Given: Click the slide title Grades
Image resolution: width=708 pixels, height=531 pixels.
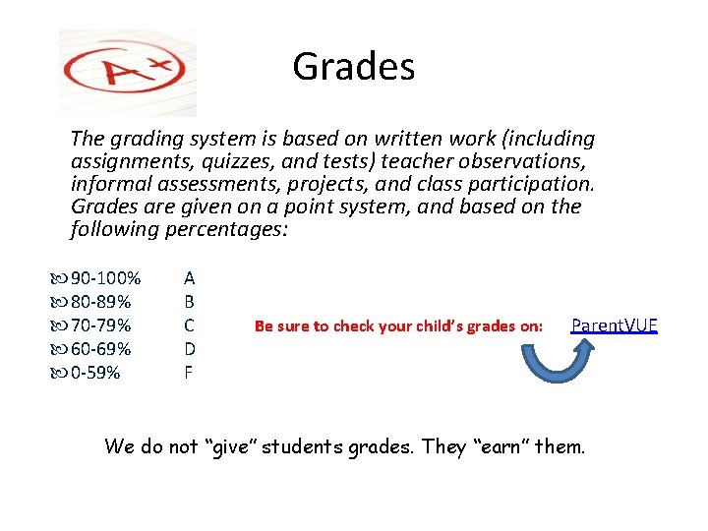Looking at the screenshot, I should coord(353,68).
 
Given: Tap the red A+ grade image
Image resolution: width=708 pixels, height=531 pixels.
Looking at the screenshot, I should coord(127,72).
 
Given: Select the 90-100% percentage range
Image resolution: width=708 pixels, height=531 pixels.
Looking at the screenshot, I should coord(105,278).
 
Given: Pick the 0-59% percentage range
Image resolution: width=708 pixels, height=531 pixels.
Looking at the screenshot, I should coord(95,373).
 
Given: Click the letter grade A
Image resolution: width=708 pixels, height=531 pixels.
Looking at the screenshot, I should coord(189,278).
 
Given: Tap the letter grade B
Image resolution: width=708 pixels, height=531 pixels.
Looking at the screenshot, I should coord(189,302).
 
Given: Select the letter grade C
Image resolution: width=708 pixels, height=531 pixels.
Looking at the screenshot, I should coord(189,325).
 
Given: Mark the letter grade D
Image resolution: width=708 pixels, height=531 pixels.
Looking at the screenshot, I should coord(189,349).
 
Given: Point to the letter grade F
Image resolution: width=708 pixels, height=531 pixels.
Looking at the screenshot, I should coord(189,373).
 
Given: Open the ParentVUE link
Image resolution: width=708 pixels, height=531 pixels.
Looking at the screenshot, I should coord(614,325).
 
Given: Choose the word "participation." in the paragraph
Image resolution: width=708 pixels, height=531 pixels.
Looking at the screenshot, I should coord(534,184).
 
